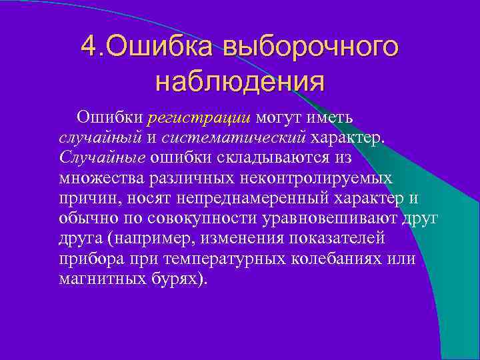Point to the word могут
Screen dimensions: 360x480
click(283, 119)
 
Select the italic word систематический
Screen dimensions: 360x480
click(234, 139)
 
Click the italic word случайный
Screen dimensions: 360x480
click(99, 139)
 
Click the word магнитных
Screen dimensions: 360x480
click(99, 279)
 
